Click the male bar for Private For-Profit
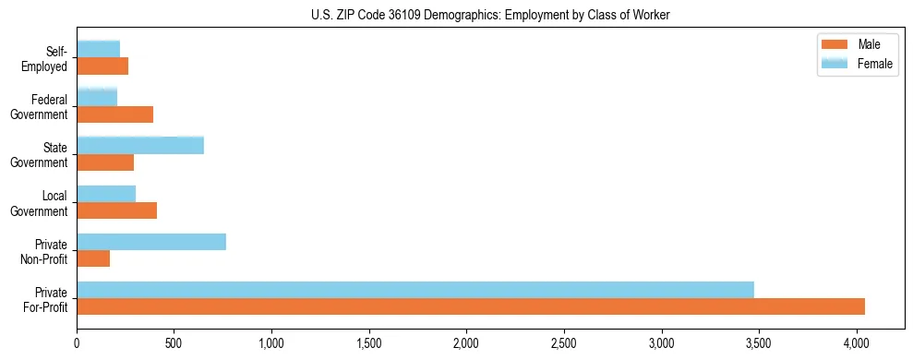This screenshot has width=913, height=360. pyautogui.click(x=471, y=306)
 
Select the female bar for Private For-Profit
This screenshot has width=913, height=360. pyautogui.click(x=415, y=290)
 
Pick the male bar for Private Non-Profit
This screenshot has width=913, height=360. pyautogui.click(x=93, y=258)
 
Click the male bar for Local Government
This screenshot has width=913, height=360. pyautogui.click(x=116, y=210)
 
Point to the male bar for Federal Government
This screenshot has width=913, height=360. pyautogui.click(x=114, y=114)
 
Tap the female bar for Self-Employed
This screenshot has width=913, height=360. pyautogui.click(x=98, y=49)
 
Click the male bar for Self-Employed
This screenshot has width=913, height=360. pyautogui.click(x=102, y=66)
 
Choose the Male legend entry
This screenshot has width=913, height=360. pyautogui.click(x=855, y=45)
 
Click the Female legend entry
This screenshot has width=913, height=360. pyautogui.click(x=855, y=63)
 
